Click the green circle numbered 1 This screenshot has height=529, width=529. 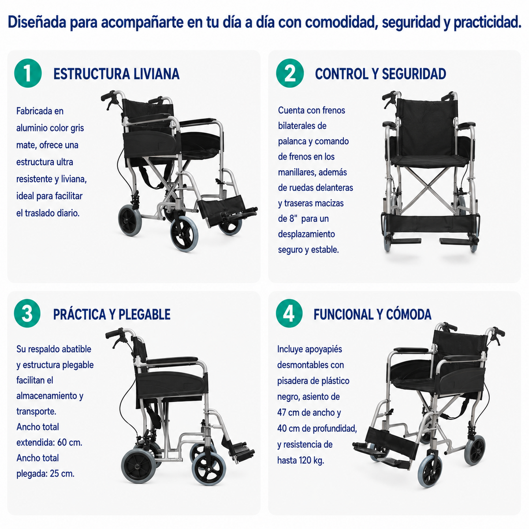pyautogui.click(x=28, y=73)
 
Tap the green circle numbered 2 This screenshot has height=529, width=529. pyautogui.click(x=290, y=73)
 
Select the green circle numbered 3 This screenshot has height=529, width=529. pyautogui.click(x=27, y=313)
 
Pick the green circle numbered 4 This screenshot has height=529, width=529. pyautogui.click(x=289, y=313)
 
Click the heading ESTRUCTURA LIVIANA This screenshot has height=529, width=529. pyautogui.click(x=116, y=74)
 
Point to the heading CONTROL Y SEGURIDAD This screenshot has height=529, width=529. pyautogui.click(x=380, y=74)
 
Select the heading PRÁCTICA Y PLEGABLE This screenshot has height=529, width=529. pyautogui.click(x=112, y=315)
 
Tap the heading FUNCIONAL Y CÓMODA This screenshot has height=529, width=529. pyautogui.click(x=373, y=315)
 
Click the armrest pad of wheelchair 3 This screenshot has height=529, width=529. pyautogui.click(x=172, y=360)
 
